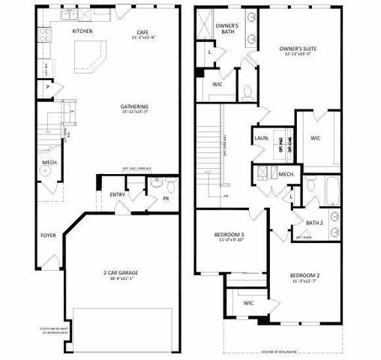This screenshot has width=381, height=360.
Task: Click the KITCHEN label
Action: click(82, 31)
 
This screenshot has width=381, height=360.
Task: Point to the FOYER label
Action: click(49, 235)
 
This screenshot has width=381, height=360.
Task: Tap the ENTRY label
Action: click(118, 195)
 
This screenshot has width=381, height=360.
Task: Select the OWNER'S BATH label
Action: click(227, 28)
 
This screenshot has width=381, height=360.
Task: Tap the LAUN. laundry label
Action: click(262, 139)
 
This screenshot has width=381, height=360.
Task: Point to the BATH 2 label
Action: click(314, 222)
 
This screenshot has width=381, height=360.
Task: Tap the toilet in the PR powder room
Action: click(170, 185)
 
